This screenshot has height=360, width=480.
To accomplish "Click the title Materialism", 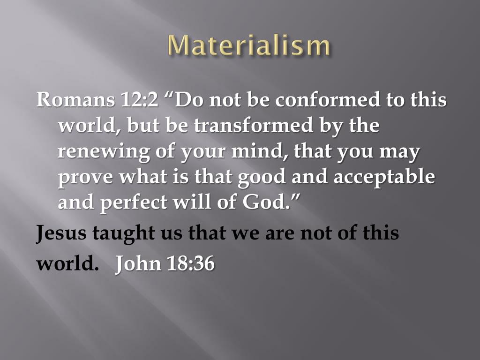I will coord(249,46).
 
